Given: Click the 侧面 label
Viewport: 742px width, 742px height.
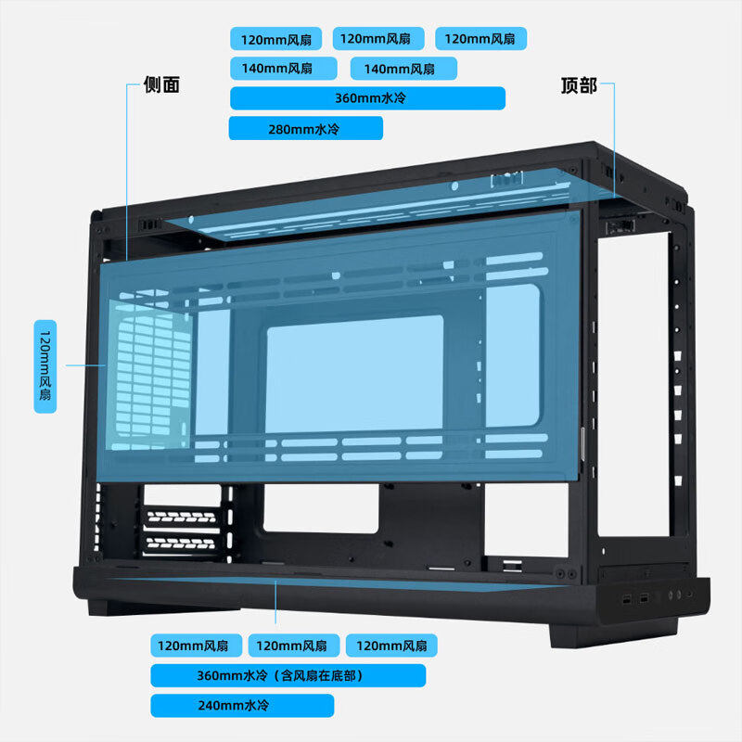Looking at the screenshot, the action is [x=161, y=85].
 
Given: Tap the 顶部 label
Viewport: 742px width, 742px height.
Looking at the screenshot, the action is [x=579, y=85].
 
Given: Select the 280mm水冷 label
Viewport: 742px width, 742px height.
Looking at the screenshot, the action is [x=305, y=129].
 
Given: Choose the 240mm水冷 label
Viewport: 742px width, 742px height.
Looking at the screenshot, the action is [x=241, y=706].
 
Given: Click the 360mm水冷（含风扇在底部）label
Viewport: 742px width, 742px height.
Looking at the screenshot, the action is [x=288, y=675].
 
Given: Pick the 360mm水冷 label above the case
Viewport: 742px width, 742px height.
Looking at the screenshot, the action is [x=367, y=98].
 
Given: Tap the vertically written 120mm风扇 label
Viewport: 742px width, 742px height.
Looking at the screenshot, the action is [x=45, y=366].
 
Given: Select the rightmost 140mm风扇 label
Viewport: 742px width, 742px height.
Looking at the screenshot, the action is [x=403, y=68].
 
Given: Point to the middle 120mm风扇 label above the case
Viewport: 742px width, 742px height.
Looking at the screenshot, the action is [x=377, y=38].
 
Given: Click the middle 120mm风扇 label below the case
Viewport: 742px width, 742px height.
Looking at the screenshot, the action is [x=292, y=646].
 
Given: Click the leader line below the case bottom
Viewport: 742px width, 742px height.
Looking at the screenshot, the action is [x=276, y=608].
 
